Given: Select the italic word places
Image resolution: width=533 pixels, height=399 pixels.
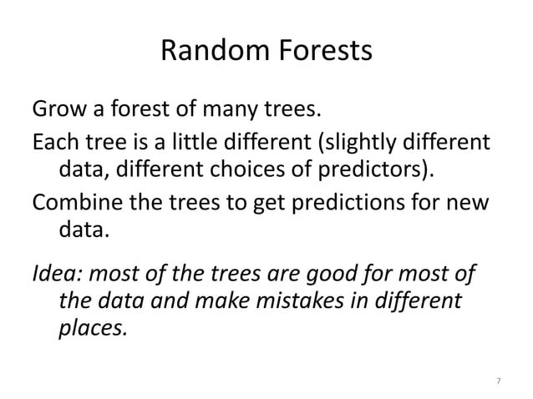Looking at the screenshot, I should [91, 328].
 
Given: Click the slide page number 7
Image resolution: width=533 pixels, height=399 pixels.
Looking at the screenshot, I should [499, 381].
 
